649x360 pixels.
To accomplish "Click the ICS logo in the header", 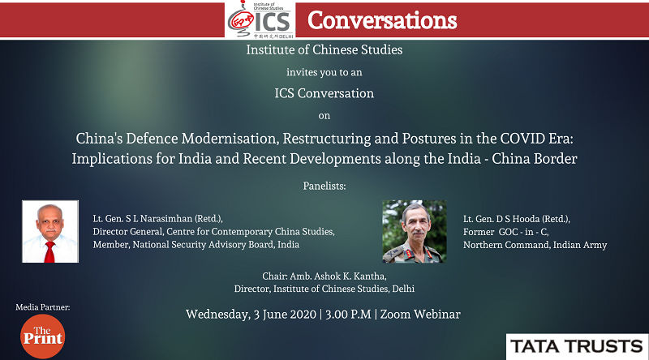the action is coord(260,19).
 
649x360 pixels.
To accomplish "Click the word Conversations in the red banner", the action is coord(382,20).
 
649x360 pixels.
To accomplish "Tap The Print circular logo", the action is coord(43,336).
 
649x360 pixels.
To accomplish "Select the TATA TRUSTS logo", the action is coord(577,346).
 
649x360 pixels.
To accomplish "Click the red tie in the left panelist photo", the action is coord(49,252).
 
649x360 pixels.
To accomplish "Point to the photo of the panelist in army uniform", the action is coord(415,231).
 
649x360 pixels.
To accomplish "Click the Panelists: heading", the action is coord(324,186).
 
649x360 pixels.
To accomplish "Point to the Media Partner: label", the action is coord(43,307).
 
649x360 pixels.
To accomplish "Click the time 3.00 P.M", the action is coord(348,314).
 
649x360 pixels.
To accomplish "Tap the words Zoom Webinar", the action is coord(420,314).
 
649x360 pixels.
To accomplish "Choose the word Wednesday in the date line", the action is coord(217,315).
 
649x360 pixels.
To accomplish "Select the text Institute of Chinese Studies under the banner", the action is coord(324,49).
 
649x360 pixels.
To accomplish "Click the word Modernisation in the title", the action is coord(230,138).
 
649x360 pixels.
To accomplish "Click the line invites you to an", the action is coord(324,72).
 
